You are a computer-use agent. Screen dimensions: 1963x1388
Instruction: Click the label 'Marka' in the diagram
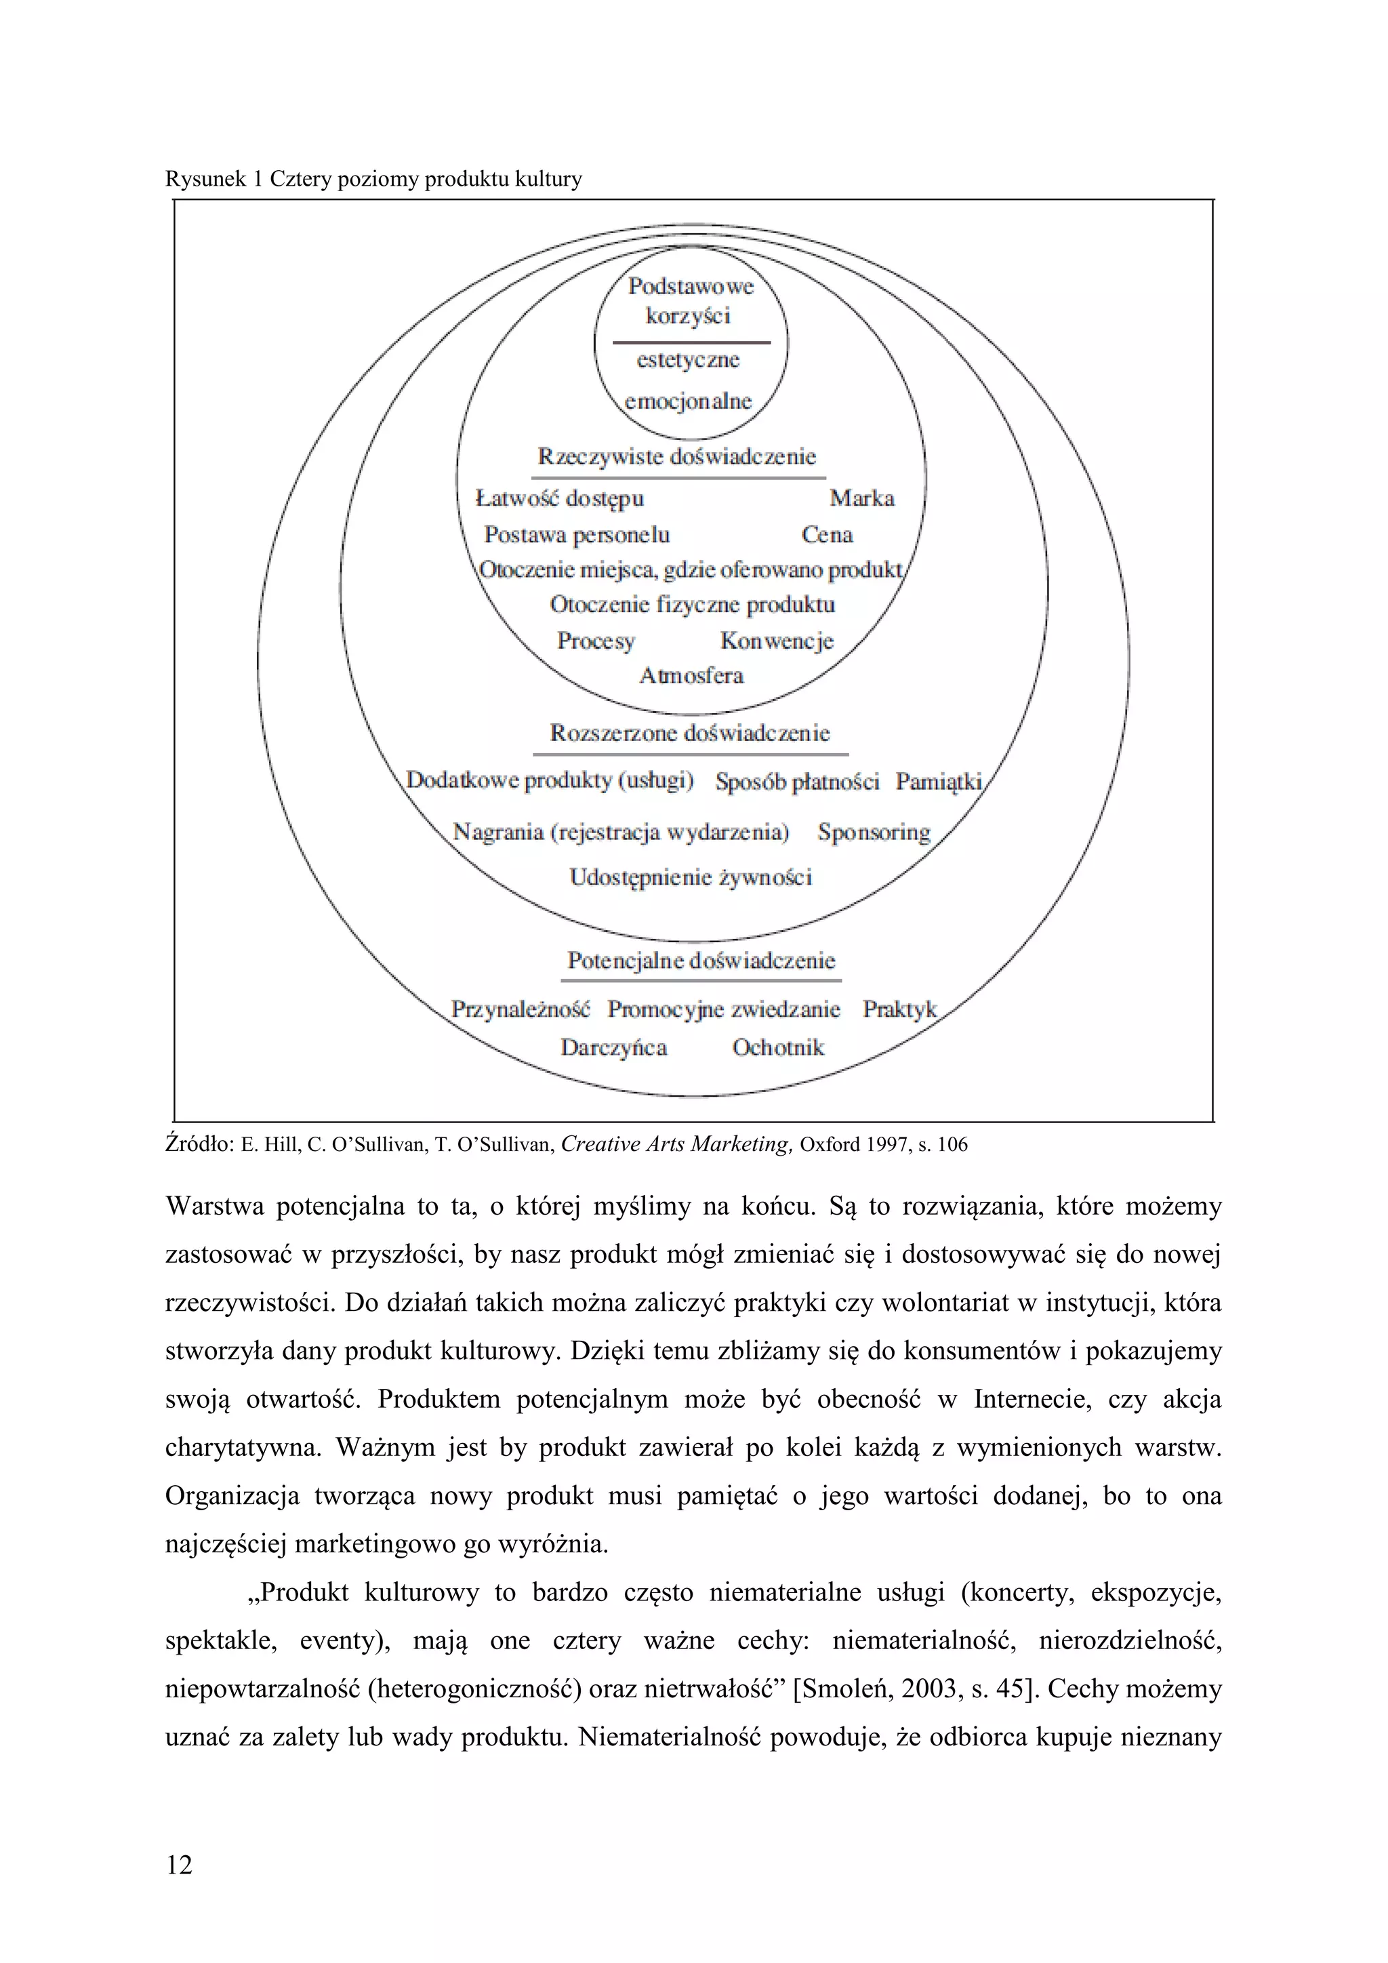pos(861,498)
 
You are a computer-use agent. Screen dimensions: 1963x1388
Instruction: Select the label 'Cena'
pos(826,535)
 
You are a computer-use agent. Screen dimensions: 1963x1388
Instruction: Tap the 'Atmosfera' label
pos(691,676)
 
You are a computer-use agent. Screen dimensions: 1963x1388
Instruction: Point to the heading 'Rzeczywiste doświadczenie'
pos(677,457)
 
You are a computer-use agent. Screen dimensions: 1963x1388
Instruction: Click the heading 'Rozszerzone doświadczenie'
pos(690,733)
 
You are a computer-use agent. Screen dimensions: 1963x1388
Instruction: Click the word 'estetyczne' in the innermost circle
pos(688,360)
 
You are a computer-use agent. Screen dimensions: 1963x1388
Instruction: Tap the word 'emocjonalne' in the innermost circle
pos(688,401)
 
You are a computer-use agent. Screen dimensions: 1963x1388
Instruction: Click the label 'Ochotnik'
pos(778,1047)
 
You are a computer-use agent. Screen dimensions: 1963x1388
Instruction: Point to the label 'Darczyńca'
pos(613,1047)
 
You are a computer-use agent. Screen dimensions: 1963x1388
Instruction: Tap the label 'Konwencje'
pos(776,641)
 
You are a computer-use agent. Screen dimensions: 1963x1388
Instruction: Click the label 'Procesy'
pos(596,641)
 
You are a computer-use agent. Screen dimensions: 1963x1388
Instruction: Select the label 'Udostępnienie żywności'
pos(691,877)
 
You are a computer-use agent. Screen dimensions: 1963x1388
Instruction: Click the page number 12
pos(180,1865)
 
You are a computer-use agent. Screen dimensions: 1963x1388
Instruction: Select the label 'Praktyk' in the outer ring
pos(899,1010)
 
